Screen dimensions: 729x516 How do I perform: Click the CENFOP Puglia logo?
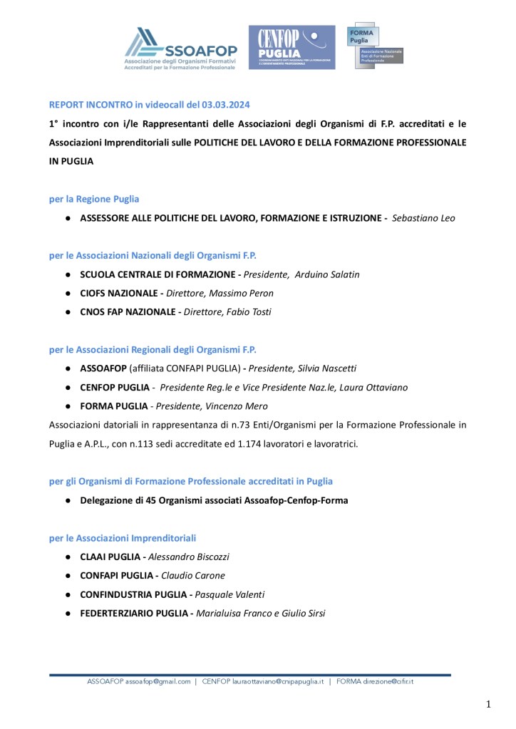291,47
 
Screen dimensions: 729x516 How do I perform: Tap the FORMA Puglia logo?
373,45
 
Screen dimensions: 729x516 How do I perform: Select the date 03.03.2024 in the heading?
225,105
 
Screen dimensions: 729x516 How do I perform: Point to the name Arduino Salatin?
327,274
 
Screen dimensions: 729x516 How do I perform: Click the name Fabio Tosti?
246,311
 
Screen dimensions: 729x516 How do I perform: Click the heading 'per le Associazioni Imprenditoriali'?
123,538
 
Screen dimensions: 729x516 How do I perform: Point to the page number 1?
489,705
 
